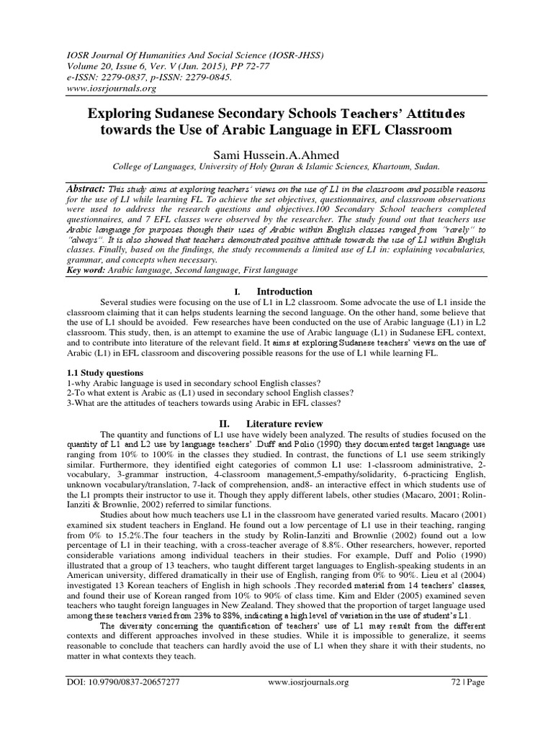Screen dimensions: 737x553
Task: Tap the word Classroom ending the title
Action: (x=418, y=131)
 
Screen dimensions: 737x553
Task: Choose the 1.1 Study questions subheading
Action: (x=102, y=373)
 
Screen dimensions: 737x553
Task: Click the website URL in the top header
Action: (x=110, y=89)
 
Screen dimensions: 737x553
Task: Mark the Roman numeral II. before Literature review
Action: (x=235, y=423)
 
